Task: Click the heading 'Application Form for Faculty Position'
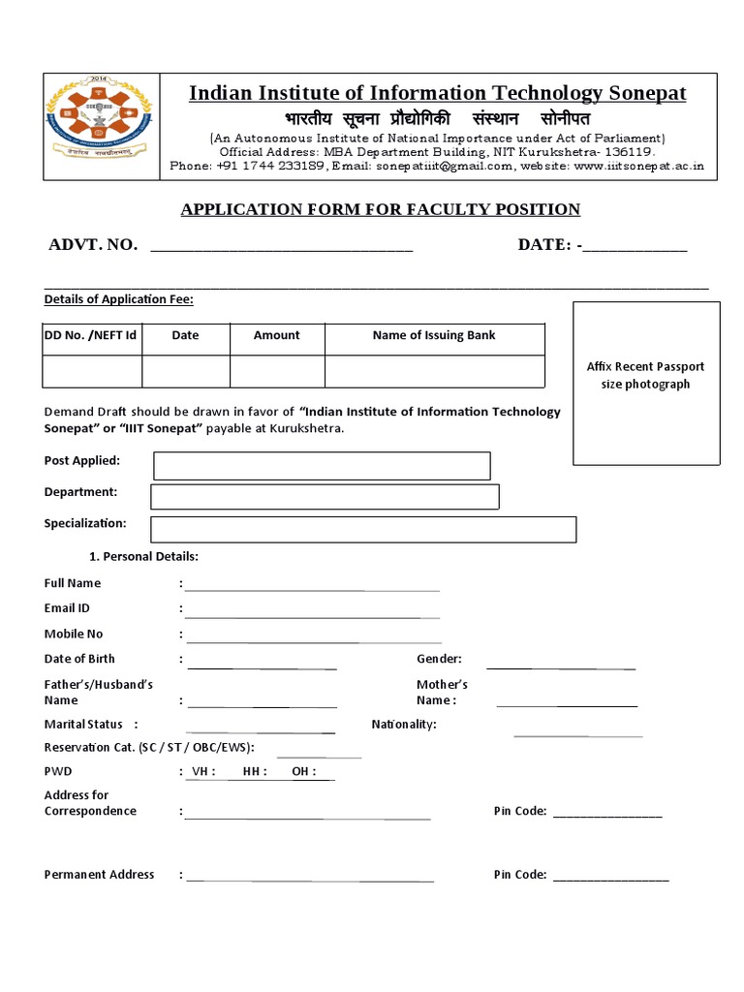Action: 381,209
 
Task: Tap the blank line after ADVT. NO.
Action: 282,246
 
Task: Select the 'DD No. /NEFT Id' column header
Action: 91,335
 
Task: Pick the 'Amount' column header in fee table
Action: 276,335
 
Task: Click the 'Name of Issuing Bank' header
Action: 433,335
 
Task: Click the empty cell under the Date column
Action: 185,371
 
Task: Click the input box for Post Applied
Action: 322,466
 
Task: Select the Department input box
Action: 325,497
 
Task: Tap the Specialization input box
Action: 363,529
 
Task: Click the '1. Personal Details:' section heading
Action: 143,557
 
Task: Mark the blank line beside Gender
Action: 560,665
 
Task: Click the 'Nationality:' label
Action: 404,725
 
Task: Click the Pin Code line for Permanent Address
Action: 610,877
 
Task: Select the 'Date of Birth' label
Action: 79,659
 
